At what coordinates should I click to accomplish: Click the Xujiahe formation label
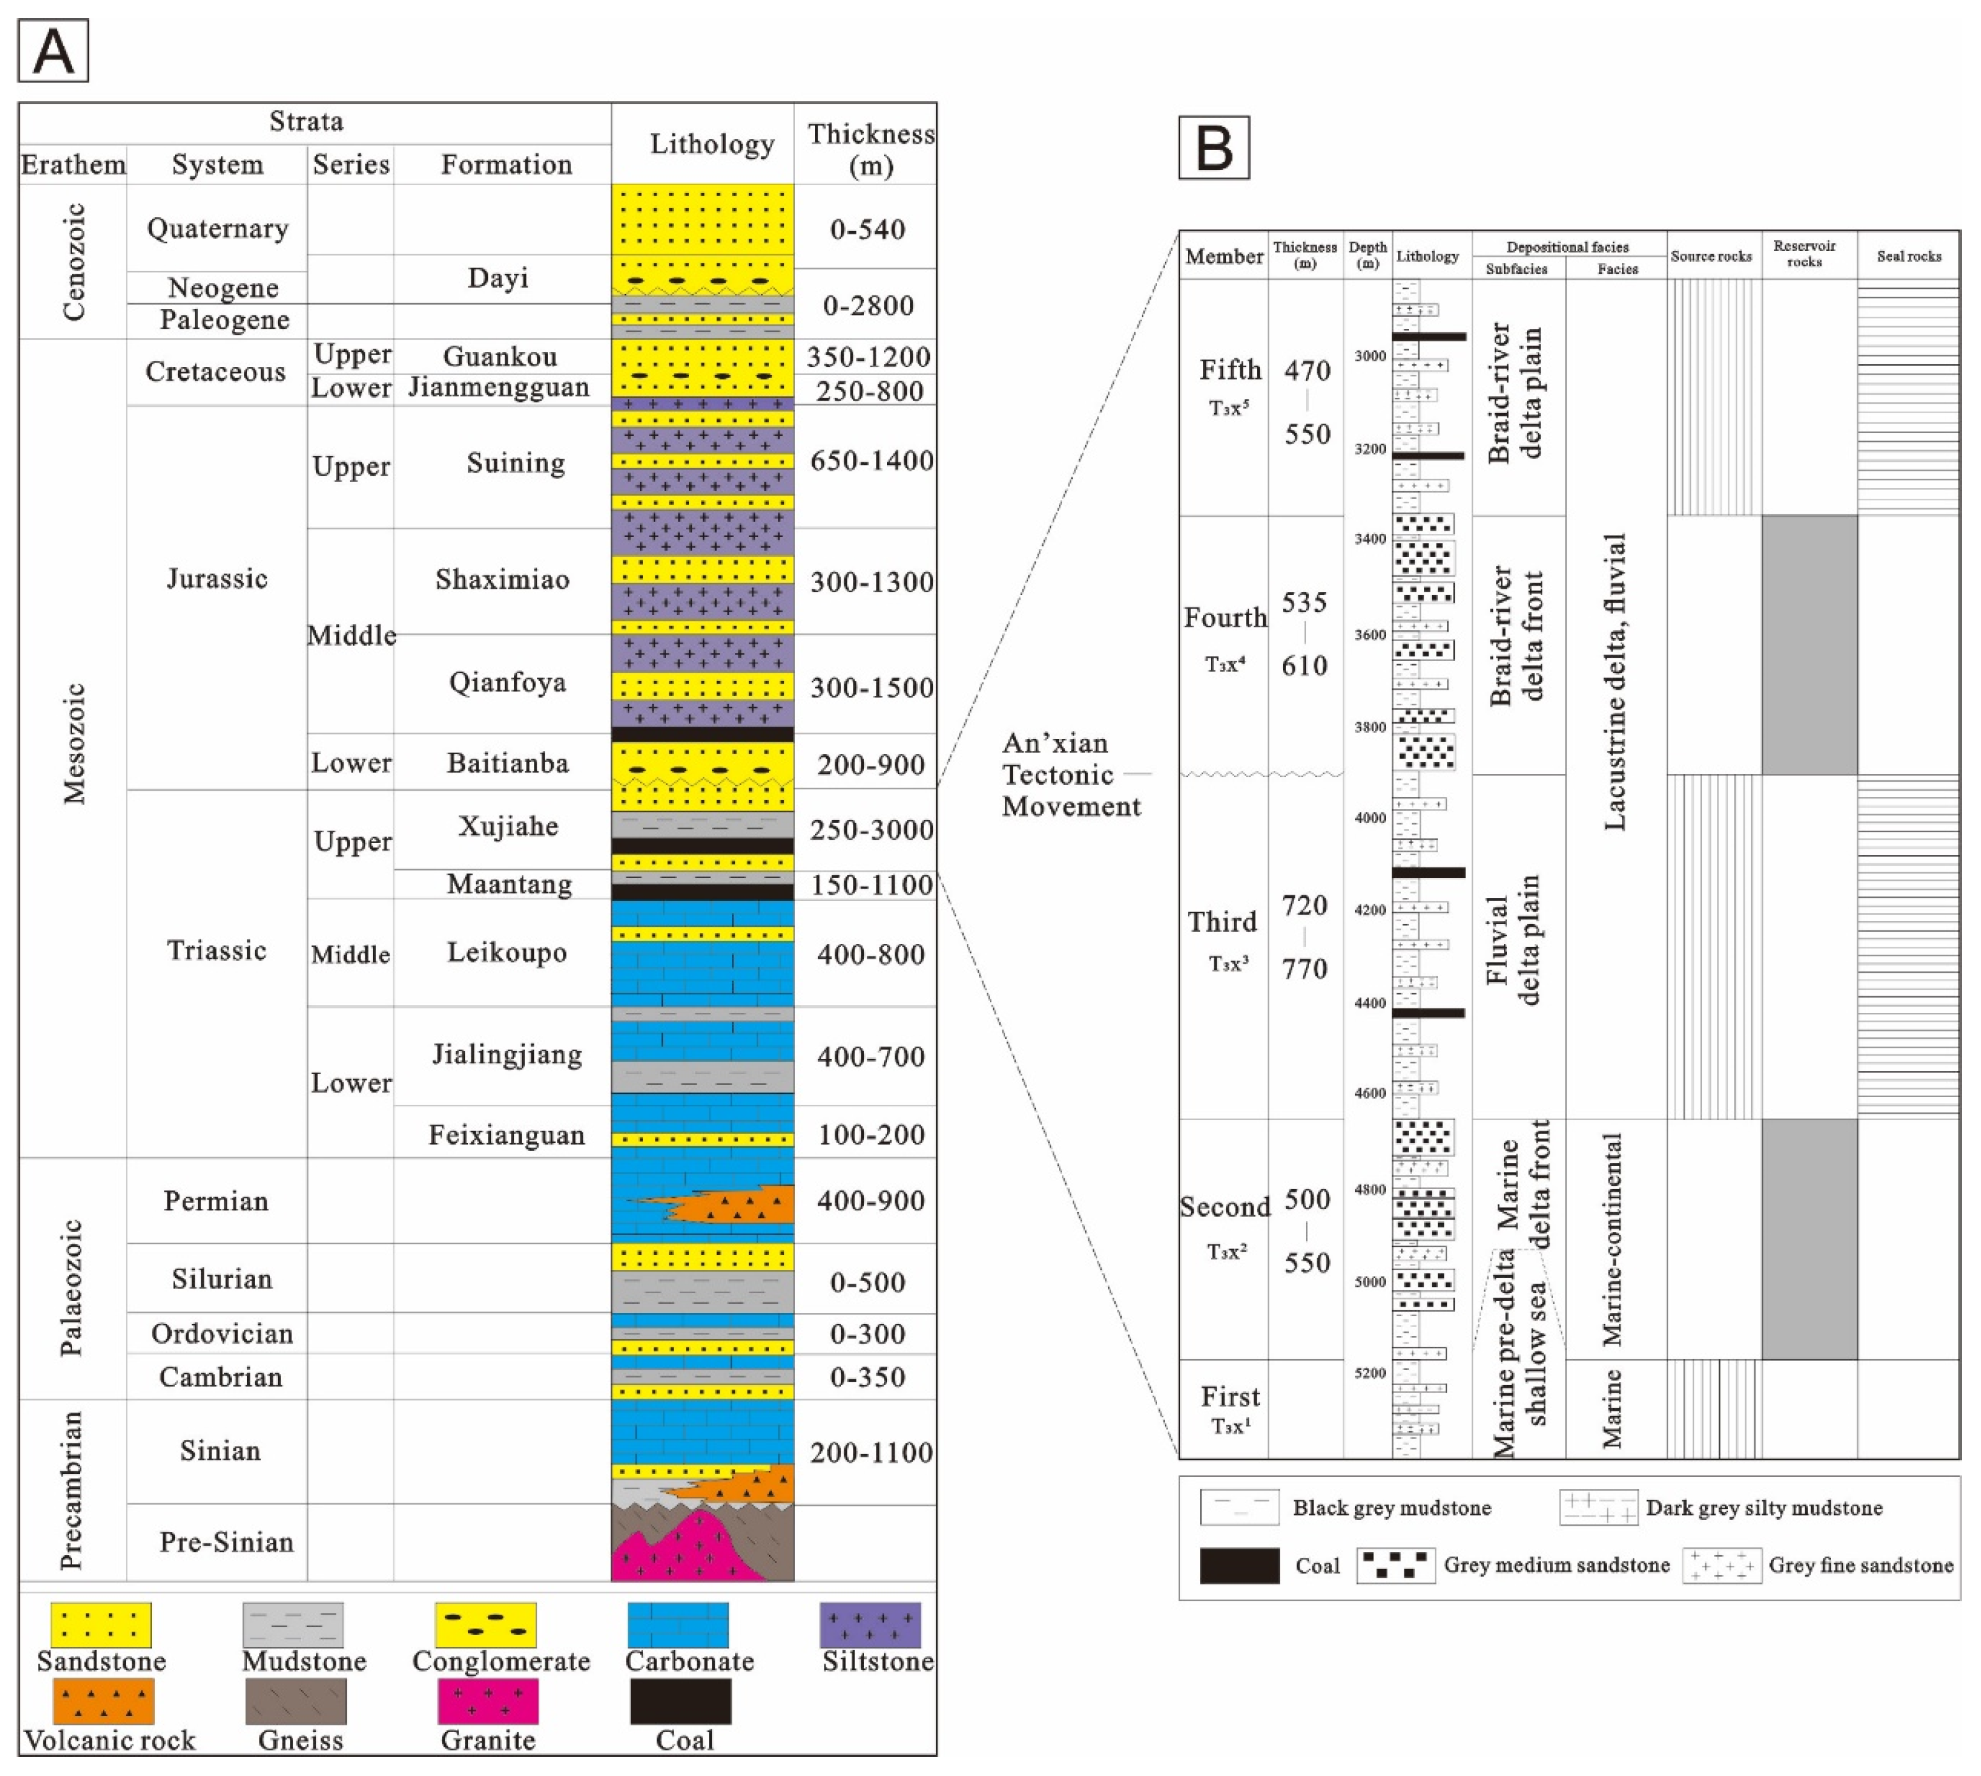pos(508,826)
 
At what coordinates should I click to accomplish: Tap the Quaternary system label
pos(218,229)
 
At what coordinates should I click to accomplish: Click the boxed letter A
pos(54,50)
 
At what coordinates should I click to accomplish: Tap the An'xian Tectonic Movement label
pos(1070,774)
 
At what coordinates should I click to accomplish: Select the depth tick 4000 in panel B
pos(1369,817)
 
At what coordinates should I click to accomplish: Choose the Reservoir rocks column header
pos(1803,254)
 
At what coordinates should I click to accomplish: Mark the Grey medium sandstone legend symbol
pos(1395,1565)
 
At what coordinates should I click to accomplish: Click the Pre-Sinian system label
pos(227,1542)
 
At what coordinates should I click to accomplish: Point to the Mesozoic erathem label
pos(75,743)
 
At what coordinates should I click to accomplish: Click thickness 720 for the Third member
pos(1304,906)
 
